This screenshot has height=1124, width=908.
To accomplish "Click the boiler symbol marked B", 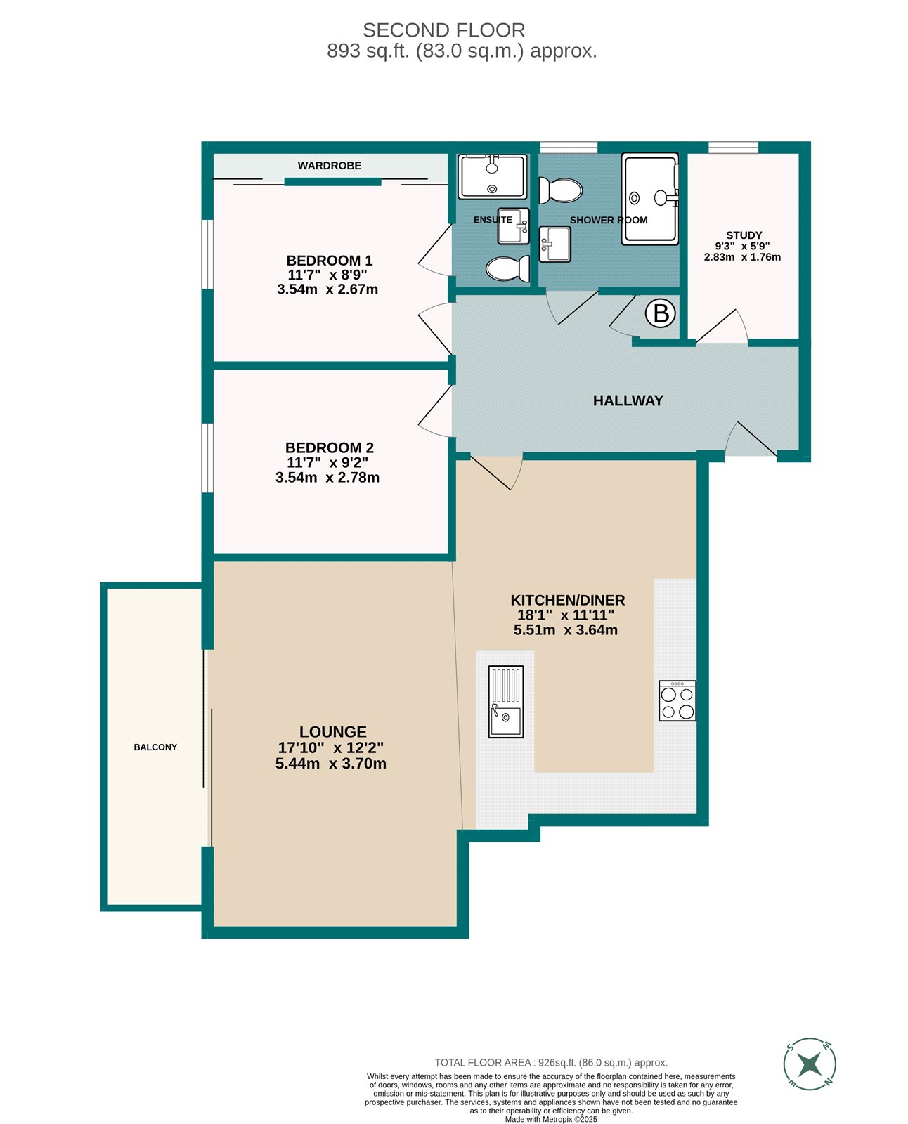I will pyautogui.click(x=661, y=313).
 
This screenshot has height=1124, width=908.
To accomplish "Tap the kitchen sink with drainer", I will pyautogui.click(x=506, y=701).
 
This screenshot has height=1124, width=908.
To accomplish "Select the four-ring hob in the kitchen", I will pyautogui.click(x=677, y=701).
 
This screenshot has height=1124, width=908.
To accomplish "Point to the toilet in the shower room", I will pyautogui.click(x=561, y=190).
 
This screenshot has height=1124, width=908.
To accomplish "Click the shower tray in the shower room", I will pyautogui.click(x=650, y=199).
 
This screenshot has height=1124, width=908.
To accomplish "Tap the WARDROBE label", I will pyautogui.click(x=330, y=166).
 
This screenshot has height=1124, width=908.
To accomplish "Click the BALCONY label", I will pyautogui.click(x=155, y=747).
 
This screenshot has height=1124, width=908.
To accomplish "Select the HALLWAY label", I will pyautogui.click(x=628, y=400).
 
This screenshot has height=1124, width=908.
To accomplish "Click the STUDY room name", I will pyautogui.click(x=744, y=235).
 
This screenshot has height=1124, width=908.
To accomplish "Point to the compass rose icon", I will pyautogui.click(x=810, y=1064).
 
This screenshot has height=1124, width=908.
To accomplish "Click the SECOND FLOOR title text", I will pyautogui.click(x=443, y=30).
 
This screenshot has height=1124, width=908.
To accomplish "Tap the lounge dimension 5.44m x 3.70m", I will pyautogui.click(x=331, y=764).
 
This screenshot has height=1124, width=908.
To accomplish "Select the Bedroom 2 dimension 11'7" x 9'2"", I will pyautogui.click(x=327, y=462).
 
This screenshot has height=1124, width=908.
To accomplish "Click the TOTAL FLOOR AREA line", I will pyautogui.click(x=551, y=1063).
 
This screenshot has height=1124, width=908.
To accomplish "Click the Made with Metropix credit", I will pyautogui.click(x=551, y=1119).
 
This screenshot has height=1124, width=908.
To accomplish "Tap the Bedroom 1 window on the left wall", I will pyautogui.click(x=207, y=254).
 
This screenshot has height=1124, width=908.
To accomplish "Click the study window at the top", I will pyautogui.click(x=733, y=148).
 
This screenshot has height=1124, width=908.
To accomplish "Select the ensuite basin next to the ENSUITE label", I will pyautogui.click(x=514, y=226).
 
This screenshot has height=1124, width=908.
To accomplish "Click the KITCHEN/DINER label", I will pyautogui.click(x=567, y=600).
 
